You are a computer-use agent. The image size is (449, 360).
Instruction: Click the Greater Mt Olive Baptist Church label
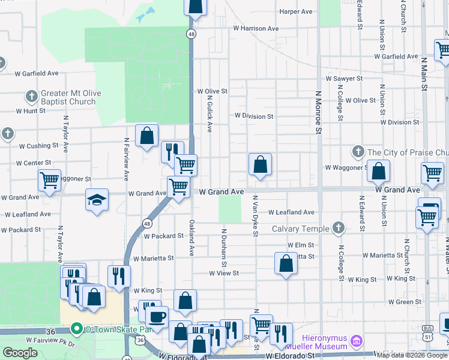70,97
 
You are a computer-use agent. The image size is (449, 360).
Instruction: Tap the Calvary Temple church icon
339,228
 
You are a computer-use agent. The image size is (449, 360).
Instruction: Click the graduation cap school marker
97,200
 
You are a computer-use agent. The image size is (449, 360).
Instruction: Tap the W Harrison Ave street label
256,28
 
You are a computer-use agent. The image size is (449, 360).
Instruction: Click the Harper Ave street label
296,11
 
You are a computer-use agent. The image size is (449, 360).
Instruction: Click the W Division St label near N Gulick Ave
254,116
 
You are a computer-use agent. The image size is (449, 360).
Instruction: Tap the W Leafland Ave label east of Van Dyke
291,212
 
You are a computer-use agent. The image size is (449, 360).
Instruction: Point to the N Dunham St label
224,247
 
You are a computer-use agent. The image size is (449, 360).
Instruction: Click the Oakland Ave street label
192,238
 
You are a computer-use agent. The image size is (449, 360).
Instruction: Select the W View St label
224,273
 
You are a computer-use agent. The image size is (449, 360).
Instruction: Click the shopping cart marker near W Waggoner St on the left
49,179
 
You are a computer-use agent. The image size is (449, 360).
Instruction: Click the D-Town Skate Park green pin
76,329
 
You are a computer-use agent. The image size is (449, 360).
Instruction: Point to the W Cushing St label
38,146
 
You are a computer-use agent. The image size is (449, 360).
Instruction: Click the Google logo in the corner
20,353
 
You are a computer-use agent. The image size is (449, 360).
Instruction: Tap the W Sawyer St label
344,79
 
